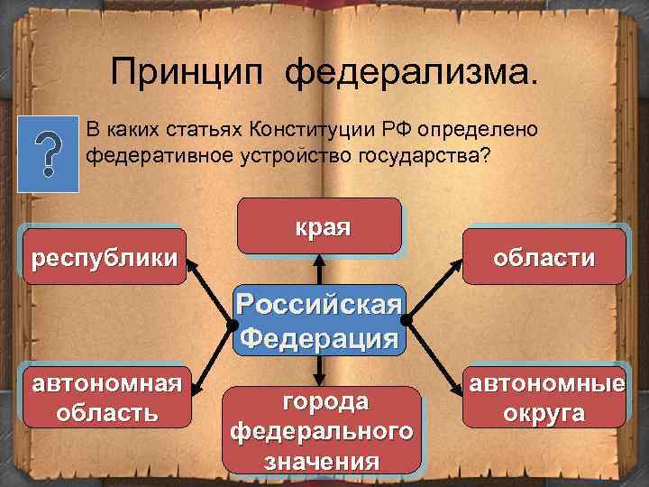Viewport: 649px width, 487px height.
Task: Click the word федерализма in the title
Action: (409, 72)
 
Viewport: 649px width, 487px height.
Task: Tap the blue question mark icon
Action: (47, 153)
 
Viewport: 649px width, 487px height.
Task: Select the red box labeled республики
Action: (104, 257)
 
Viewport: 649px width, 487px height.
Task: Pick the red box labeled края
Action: (319, 225)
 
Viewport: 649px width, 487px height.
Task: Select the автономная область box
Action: (105, 397)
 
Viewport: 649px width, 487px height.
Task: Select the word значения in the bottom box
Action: (322, 461)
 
